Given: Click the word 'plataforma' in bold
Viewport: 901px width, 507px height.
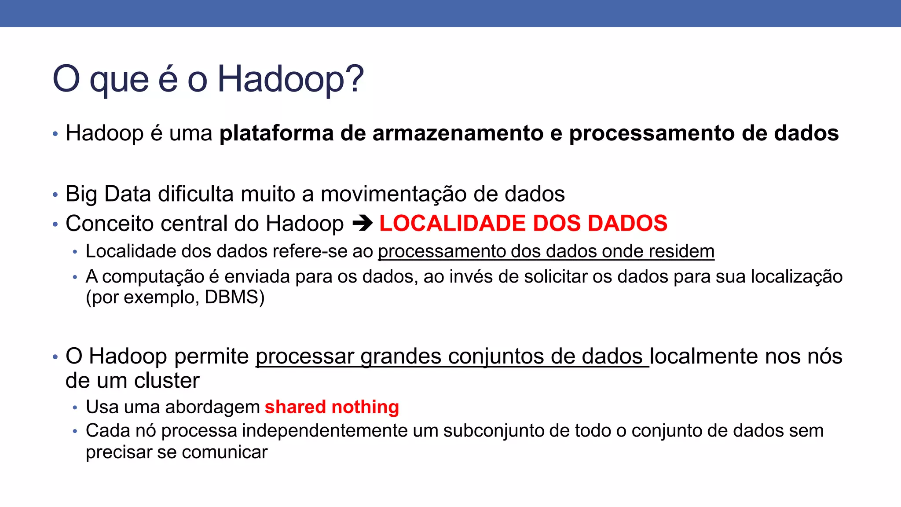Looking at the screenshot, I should tap(276, 133).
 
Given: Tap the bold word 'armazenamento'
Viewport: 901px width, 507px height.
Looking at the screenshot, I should tap(458, 133).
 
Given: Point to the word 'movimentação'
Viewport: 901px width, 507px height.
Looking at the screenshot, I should tap(393, 194).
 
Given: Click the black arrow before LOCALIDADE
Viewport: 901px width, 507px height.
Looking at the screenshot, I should tap(362, 224).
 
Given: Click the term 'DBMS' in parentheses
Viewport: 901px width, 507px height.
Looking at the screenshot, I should tap(231, 298).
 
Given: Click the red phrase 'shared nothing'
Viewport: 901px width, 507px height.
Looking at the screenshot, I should tap(332, 407).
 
